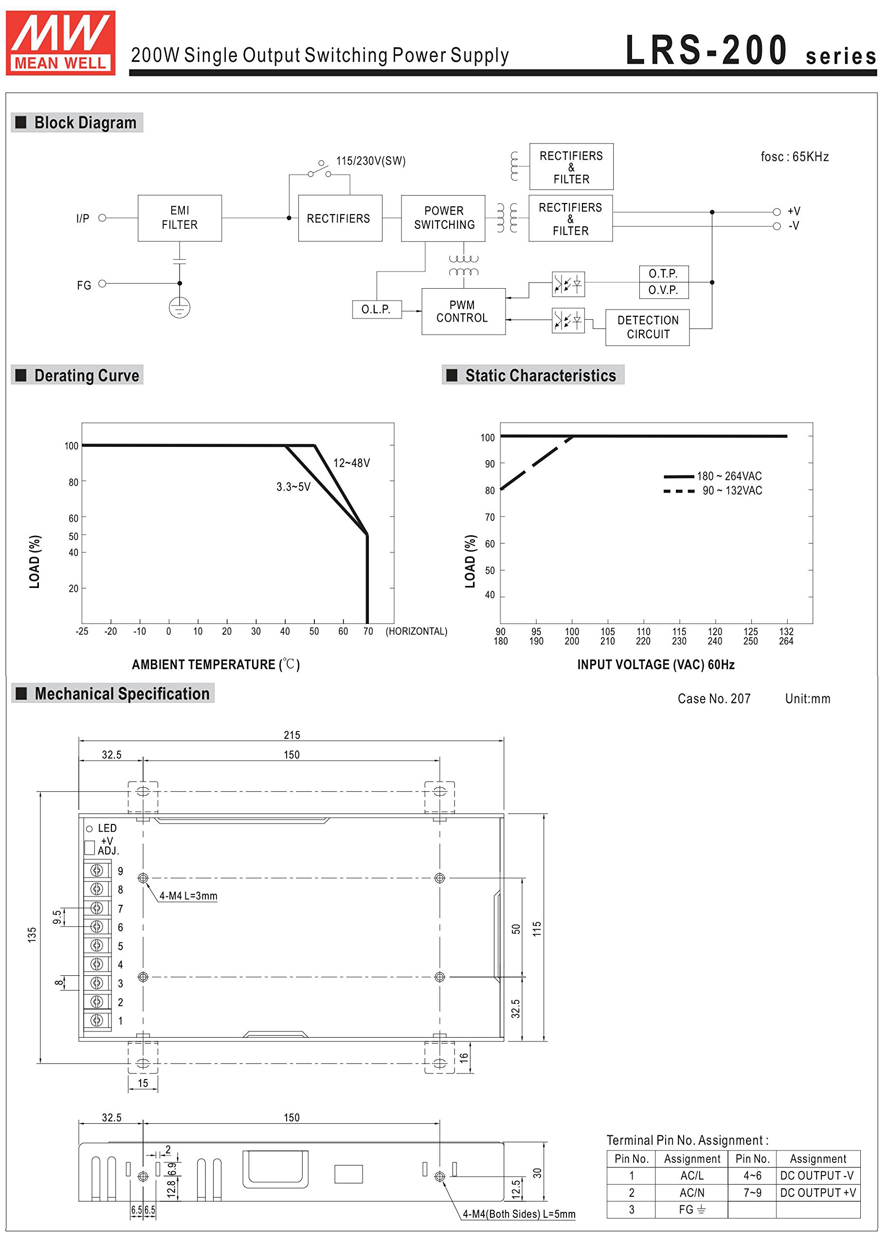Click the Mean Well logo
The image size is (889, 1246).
[60, 42]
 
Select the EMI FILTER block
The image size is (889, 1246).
[180, 218]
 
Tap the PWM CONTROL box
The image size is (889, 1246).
[463, 311]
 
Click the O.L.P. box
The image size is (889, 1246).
[376, 310]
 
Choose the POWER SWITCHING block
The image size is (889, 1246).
[443, 218]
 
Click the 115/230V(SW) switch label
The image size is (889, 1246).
[371, 161]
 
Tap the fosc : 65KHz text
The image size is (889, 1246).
[794, 157]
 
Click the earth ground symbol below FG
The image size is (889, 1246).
[180, 307]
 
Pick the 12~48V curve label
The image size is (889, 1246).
[351, 463]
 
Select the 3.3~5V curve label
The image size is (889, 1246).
[293, 487]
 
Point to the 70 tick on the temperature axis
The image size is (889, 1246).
[368, 631]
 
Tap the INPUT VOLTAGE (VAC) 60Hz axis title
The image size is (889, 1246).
[655, 664]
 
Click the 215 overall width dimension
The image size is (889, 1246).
[292, 734]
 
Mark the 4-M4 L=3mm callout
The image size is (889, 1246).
[188, 896]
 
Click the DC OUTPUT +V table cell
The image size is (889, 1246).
[817, 1192]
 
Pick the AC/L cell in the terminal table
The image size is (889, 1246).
[691, 1175]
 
